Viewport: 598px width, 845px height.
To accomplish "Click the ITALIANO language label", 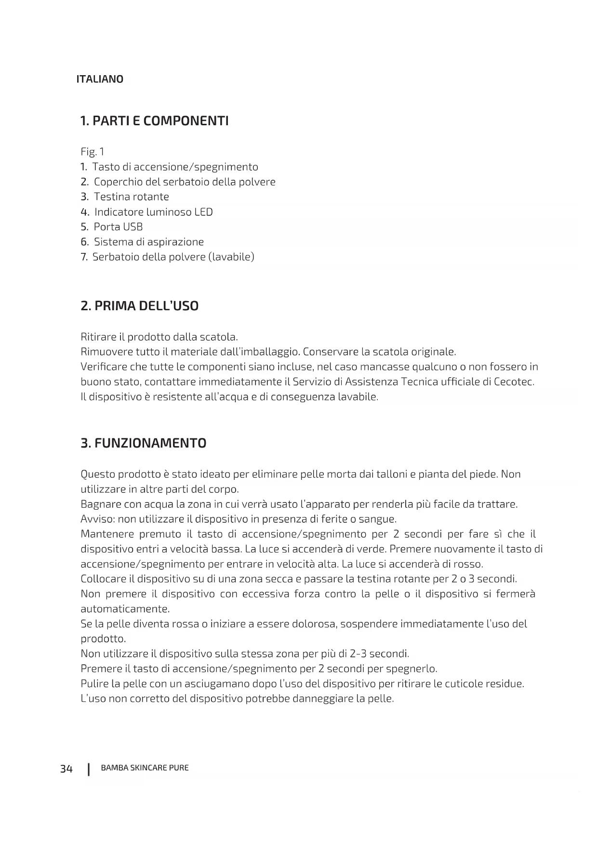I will (100, 79).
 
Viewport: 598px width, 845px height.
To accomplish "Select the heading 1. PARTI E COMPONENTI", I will (154, 121).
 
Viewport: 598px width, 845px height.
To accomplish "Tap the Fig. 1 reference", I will (92, 152).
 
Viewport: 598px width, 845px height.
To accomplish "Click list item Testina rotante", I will (131, 197).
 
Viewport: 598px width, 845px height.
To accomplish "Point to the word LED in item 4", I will (203, 212).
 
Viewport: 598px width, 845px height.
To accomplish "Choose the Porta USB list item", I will (118, 227).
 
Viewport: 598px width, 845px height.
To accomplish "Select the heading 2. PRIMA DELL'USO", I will (139, 306).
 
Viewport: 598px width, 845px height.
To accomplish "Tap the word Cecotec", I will (514, 382).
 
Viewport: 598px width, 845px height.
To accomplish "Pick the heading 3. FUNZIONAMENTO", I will (143, 443).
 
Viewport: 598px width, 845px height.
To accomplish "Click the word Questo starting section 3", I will (98, 475).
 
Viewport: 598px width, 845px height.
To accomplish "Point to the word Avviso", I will (98, 519).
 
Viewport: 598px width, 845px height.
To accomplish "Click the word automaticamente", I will (125, 609).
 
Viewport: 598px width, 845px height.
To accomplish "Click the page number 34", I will (66, 768).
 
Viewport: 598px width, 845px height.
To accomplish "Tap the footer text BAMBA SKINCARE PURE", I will (145, 768).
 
